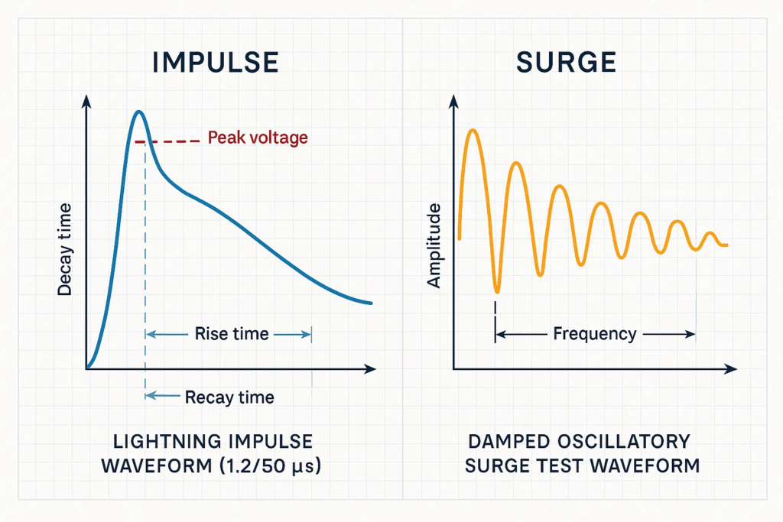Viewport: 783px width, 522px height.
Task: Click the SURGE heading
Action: pyautogui.click(x=567, y=63)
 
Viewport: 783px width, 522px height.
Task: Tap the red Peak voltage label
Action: pyautogui.click(x=258, y=138)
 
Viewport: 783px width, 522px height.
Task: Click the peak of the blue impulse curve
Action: pyautogui.click(x=138, y=112)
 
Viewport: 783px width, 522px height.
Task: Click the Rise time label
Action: pyautogui.click(x=231, y=333)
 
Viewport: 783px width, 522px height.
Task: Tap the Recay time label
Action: pyautogui.click(x=229, y=397)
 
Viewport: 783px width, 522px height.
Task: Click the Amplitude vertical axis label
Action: pyautogui.click(x=434, y=246)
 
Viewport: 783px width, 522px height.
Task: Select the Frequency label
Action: pyautogui.click(x=594, y=334)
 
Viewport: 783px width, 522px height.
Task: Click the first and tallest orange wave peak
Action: pyautogui.click(x=472, y=131)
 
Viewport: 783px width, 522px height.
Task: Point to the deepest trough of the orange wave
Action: pyautogui.click(x=497, y=291)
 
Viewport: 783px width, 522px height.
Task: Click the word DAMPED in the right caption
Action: pyautogui.click(x=502, y=442)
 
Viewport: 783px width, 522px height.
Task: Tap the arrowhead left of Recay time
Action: pyautogui.click(x=150, y=395)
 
